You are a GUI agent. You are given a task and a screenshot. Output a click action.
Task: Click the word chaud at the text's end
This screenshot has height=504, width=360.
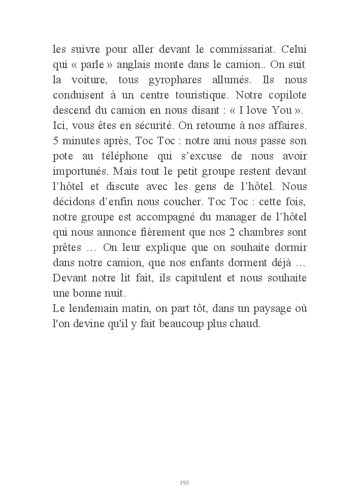click(x=245, y=323)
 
